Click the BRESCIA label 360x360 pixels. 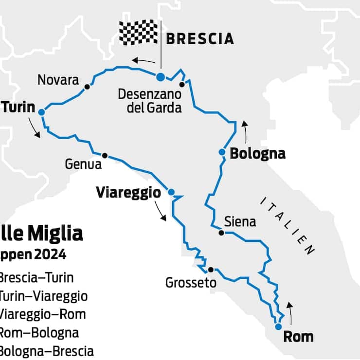pyautogui.click(x=199, y=38)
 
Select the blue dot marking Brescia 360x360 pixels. pyautogui.click(x=160, y=76)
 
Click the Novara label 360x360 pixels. pyautogui.click(x=58, y=80)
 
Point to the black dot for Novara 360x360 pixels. pyautogui.click(x=87, y=87)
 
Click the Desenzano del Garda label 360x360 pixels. pyautogui.click(x=149, y=101)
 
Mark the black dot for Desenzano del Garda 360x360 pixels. pyautogui.click(x=182, y=84)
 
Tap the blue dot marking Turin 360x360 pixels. pyautogui.click(x=41, y=112)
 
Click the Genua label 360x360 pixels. pyautogui.click(x=83, y=164)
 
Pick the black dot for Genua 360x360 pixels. pyautogui.click(x=105, y=156)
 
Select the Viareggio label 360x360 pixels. pyautogui.click(x=128, y=192)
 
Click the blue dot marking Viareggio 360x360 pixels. pyautogui.click(x=171, y=192)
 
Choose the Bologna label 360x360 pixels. pyautogui.click(x=257, y=154)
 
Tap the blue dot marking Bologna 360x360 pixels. pyautogui.click(x=222, y=152)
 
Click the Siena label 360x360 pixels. pyautogui.click(x=240, y=222)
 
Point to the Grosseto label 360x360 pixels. pyautogui.click(x=191, y=283)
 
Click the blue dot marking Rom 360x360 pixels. pyautogui.click(x=278, y=326)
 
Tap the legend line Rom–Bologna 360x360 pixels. pyautogui.click(x=38, y=333)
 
